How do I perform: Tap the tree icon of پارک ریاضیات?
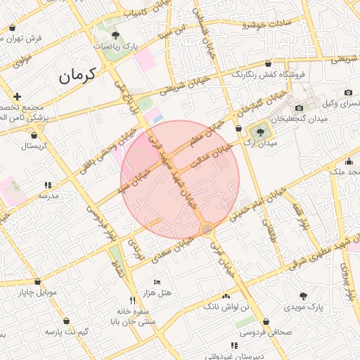pyautogui.click(x=115, y=33)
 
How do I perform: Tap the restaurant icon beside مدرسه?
pyautogui.click(x=48, y=184)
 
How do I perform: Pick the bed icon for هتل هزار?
pyautogui.click(x=157, y=281)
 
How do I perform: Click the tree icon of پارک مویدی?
pyautogui.click(x=304, y=296)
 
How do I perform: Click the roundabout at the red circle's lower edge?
pyautogui.click(x=207, y=229)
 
